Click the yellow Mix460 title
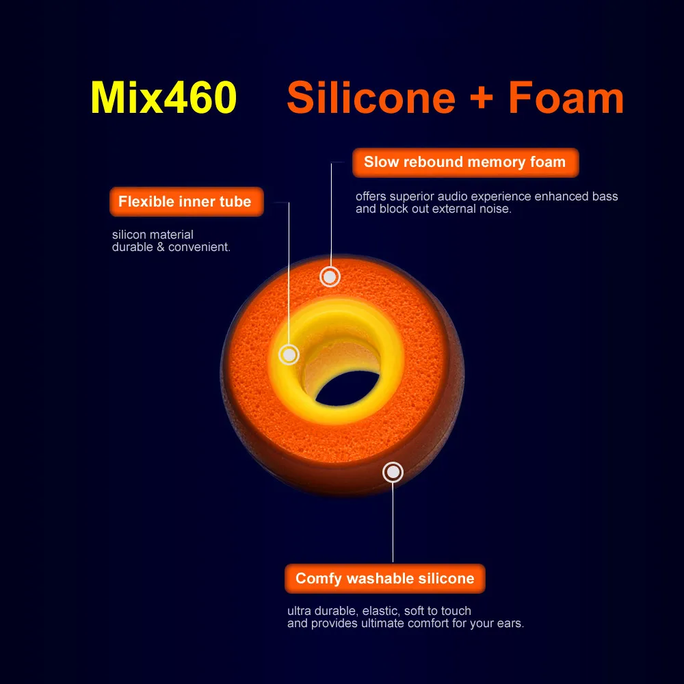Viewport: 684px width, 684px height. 163,98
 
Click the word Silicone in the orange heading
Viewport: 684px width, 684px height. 371,98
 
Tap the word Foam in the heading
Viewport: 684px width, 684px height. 566,98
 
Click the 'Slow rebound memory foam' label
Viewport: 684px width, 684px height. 465,163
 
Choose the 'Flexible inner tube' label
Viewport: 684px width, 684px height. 185,202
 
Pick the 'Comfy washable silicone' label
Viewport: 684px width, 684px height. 384,579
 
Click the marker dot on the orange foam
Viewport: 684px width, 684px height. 330,277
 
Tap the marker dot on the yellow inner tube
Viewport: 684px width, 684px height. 289,354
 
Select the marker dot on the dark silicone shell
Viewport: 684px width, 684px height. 393,472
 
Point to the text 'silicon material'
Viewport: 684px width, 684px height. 153,235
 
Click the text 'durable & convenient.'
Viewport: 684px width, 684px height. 171,248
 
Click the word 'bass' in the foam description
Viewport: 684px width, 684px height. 605,197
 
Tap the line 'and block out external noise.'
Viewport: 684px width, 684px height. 433,209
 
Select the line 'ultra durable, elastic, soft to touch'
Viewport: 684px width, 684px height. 379,611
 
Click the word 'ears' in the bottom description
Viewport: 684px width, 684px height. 507,624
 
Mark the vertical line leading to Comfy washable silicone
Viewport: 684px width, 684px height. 393,520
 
